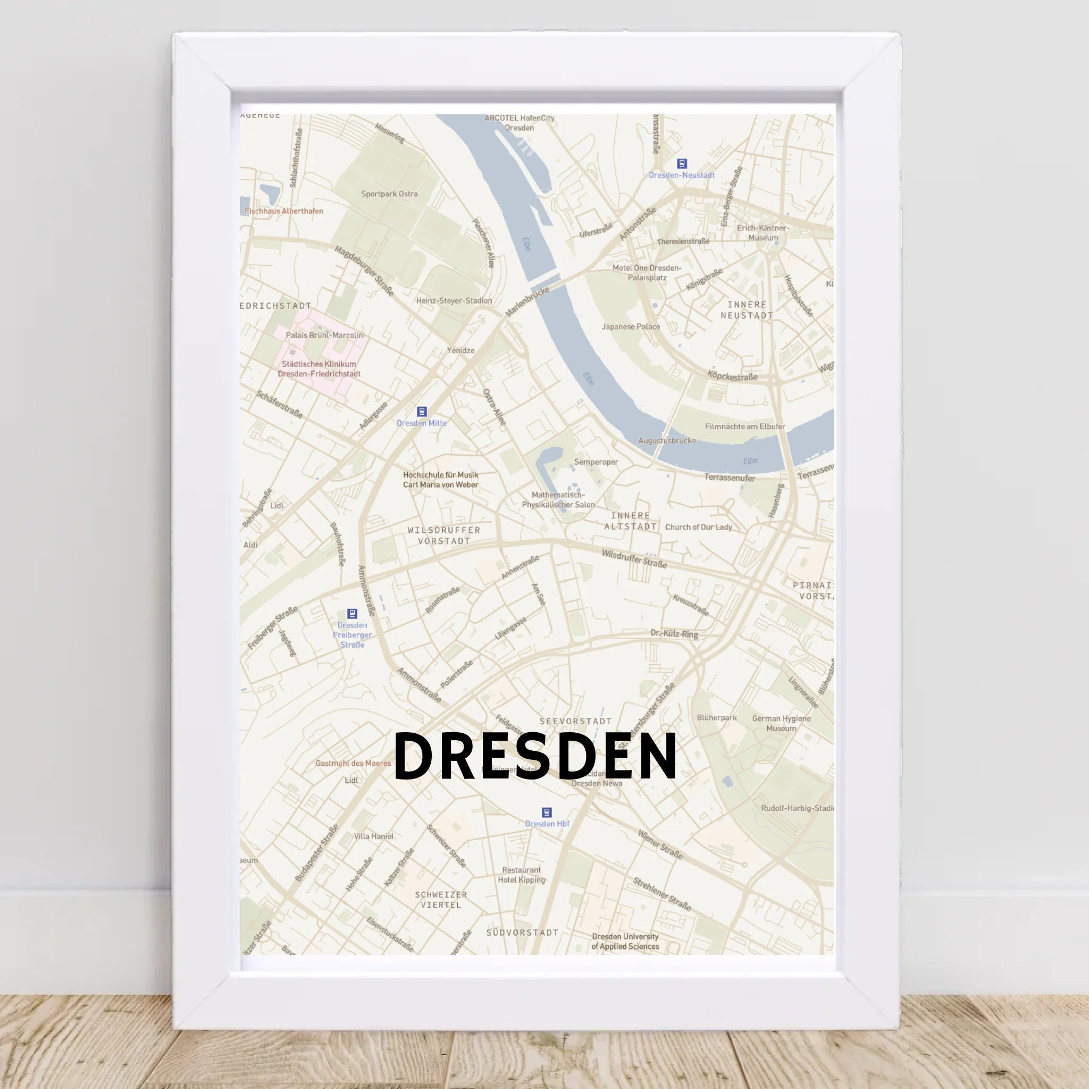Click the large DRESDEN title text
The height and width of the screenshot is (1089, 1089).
pos(535,757)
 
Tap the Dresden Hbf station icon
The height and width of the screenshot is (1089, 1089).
pos(546,812)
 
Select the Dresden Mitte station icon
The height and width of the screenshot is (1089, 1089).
pos(422,412)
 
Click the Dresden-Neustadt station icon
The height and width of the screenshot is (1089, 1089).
pos(682,164)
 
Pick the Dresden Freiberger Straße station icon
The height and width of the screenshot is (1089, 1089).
pos(353,614)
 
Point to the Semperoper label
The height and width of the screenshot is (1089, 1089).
pos(596,462)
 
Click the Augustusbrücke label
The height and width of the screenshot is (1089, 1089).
pos(667,441)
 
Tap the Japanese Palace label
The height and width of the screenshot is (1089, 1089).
pos(630,326)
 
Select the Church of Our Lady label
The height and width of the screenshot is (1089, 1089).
pos(698,527)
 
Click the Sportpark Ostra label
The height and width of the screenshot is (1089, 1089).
pos(389,194)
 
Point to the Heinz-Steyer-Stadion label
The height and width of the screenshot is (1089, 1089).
pos(454,301)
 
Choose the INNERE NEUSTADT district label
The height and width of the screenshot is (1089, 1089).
pos(747,310)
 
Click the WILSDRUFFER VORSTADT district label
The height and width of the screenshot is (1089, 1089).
pos(444,535)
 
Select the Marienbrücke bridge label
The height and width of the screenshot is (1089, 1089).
pos(527,301)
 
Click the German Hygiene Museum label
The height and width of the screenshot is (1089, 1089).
pos(781,723)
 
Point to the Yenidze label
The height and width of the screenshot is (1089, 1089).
pos(460,350)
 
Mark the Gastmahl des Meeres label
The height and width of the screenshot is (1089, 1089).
pos(353,763)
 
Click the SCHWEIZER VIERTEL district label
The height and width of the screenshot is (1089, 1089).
pos(441,900)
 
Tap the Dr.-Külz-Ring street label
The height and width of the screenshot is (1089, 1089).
pos(674,633)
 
